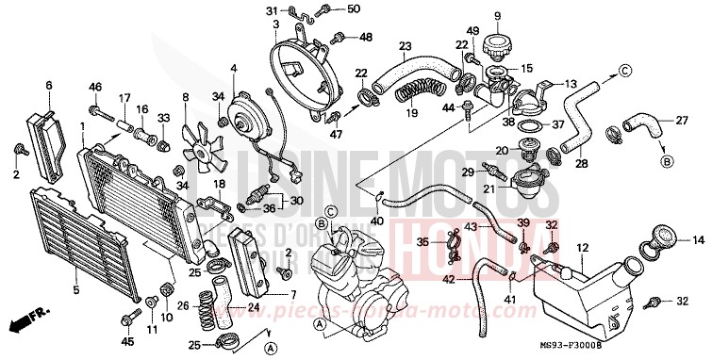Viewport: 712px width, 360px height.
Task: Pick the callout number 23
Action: coord(406,46)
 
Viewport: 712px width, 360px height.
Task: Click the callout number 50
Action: coord(327,9)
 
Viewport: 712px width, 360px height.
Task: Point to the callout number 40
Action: coord(377,221)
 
